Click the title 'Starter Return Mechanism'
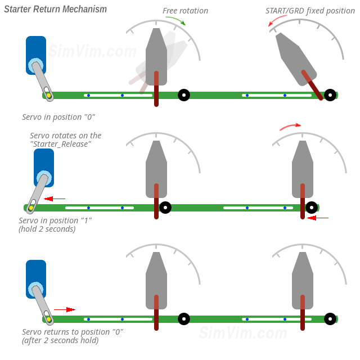click(x=55, y=10)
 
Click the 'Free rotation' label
click(x=185, y=11)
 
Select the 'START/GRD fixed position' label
click(x=310, y=11)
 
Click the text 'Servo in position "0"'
click(x=58, y=117)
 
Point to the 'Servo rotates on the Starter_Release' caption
click(x=66, y=139)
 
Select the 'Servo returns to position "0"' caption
click(x=73, y=332)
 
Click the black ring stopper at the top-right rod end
click(x=330, y=95)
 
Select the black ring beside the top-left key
click(x=184, y=95)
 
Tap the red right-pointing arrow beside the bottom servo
click(x=64, y=309)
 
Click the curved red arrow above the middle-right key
click(x=290, y=126)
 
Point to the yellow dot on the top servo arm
click(x=49, y=96)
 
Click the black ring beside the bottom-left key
click(x=184, y=319)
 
